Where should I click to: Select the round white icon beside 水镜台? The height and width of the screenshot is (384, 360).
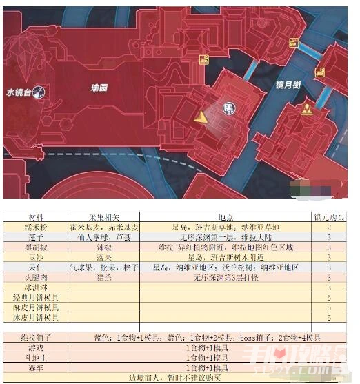(42, 91)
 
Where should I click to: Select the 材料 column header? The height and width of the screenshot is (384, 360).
(34, 216)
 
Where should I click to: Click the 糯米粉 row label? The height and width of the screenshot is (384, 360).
(34, 226)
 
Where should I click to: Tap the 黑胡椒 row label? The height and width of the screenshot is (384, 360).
(34, 246)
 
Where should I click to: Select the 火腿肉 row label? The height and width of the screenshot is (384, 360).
(34, 276)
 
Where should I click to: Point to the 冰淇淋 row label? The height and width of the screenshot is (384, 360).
(34, 287)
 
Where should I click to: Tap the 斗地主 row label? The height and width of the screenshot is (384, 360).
(34, 358)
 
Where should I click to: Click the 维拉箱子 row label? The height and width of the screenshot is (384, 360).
(34, 338)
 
